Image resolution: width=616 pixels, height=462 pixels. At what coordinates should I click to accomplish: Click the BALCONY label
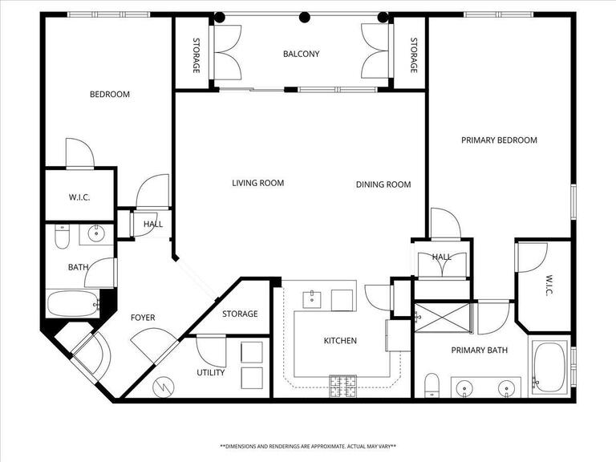[301, 55]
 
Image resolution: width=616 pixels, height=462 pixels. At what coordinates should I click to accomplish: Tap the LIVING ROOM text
[257, 183]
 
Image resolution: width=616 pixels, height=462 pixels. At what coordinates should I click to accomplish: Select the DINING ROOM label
[383, 184]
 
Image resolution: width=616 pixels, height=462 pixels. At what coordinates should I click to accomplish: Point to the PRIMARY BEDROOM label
[499, 140]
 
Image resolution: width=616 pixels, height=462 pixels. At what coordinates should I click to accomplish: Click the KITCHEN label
[340, 341]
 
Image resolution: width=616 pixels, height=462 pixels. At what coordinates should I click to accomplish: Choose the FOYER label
[143, 318]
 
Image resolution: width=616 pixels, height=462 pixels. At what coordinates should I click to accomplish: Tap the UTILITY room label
[211, 372]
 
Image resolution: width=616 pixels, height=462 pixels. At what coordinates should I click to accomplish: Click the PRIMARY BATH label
[479, 350]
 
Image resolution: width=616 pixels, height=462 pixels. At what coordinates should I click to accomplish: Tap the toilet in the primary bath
[432, 384]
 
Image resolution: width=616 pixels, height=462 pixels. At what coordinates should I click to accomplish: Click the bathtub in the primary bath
[549, 367]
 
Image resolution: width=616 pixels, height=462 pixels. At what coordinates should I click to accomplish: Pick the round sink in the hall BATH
[96, 235]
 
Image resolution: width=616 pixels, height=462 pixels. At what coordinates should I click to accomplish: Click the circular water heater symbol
[164, 386]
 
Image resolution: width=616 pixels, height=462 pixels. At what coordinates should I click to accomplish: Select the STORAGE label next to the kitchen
[240, 314]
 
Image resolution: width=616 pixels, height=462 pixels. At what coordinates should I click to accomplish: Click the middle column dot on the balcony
[304, 17]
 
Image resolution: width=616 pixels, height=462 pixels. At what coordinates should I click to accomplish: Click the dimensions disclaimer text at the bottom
[308, 446]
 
